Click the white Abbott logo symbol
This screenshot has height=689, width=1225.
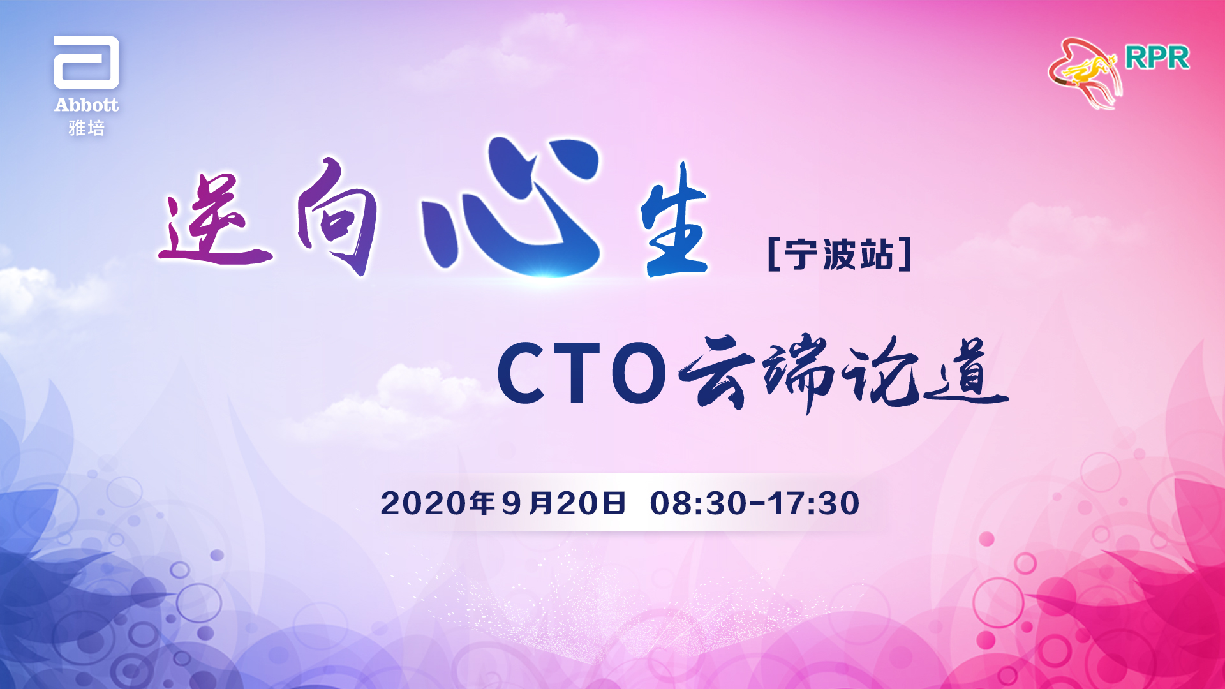[86, 63]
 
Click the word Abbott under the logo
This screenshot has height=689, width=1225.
[86, 105]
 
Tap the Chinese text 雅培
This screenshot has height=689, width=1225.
[86, 128]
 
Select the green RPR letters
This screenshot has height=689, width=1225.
[1157, 58]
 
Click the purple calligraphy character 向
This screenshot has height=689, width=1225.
[337, 216]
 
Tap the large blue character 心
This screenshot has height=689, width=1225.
[510, 207]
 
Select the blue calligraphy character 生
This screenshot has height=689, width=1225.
[674, 220]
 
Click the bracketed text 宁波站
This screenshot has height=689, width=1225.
[840, 255]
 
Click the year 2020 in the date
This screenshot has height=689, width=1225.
[424, 503]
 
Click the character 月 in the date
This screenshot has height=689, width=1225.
[541, 503]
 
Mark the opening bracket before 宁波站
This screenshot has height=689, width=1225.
[775, 255]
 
